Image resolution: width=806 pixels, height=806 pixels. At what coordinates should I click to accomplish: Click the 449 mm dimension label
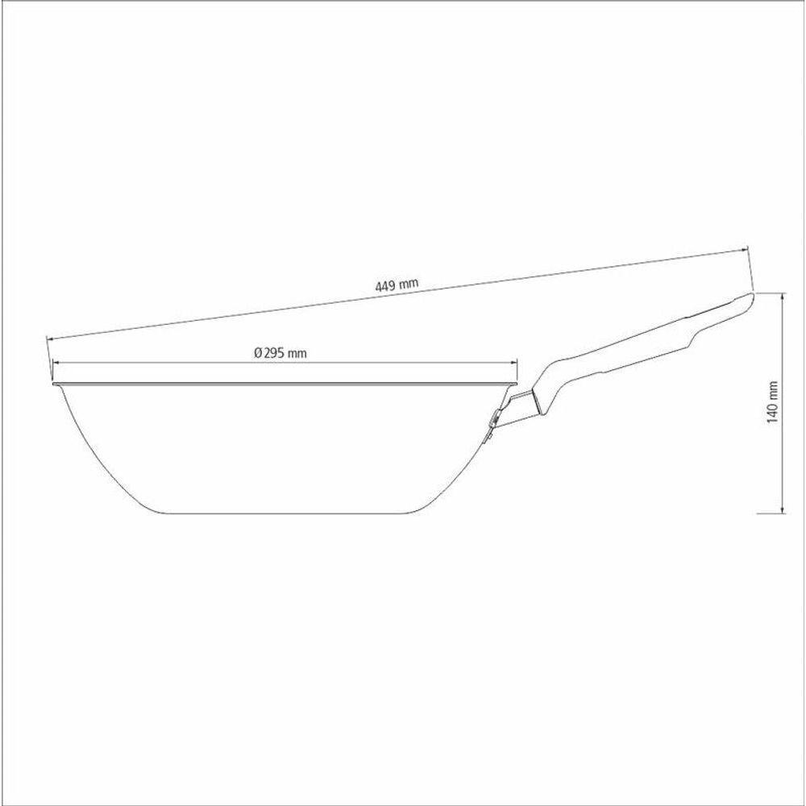click(x=397, y=285)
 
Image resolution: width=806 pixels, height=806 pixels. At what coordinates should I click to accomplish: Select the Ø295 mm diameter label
click(x=280, y=352)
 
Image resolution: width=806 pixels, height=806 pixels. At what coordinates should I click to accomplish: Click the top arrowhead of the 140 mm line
click(x=783, y=296)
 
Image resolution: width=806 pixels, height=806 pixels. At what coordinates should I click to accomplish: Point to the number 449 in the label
click(x=386, y=285)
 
